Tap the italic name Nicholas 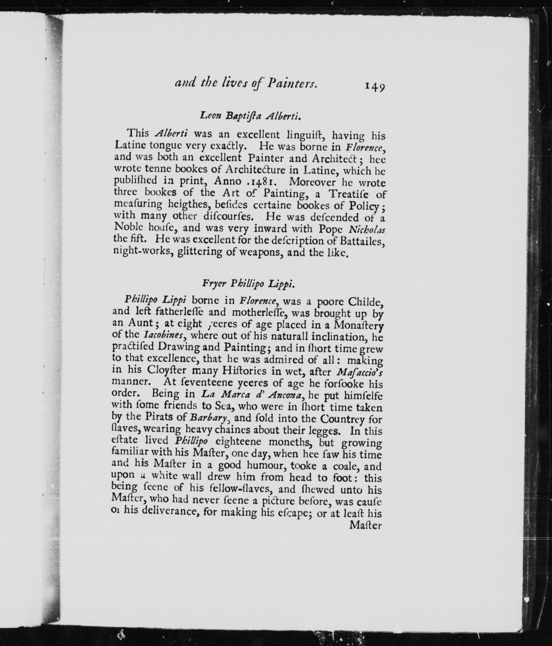(x=367, y=229)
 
